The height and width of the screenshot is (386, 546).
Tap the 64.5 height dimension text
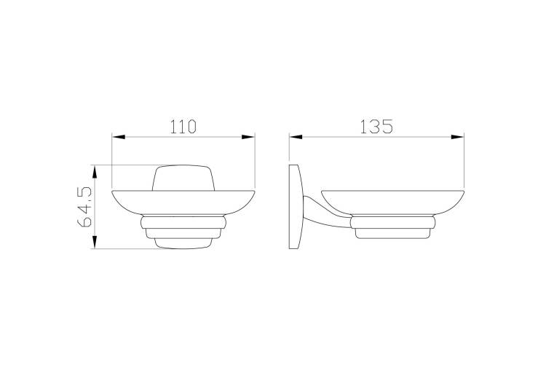tap(84, 207)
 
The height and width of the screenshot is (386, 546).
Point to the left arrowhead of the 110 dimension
tap(119, 137)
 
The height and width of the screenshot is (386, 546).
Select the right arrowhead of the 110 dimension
tap(248, 137)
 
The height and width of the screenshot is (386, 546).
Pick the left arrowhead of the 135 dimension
tap(296, 137)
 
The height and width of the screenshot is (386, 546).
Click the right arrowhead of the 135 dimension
tap(457, 137)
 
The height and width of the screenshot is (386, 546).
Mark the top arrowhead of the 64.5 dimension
tap(95, 172)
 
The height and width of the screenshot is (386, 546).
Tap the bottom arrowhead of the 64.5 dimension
tap(95, 242)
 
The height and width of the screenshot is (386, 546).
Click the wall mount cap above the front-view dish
tap(183, 178)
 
